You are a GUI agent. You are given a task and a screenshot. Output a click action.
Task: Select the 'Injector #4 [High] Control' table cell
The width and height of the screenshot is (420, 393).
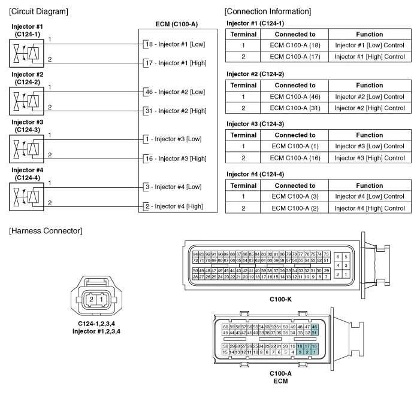click(x=369, y=208)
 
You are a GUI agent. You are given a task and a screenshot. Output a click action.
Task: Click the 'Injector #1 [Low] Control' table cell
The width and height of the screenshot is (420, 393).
click(x=369, y=45)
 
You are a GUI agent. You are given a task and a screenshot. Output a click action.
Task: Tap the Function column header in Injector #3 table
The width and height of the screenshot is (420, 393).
click(x=369, y=135)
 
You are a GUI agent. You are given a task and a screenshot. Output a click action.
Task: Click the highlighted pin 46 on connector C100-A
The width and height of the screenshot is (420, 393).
click(x=315, y=327)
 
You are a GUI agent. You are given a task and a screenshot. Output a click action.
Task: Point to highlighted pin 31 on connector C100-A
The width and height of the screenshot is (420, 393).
click(x=315, y=333)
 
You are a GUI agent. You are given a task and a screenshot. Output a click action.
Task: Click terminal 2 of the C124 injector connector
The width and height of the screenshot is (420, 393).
click(x=91, y=298)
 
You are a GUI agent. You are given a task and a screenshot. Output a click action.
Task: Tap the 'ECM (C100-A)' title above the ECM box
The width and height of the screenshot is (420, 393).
click(x=176, y=25)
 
